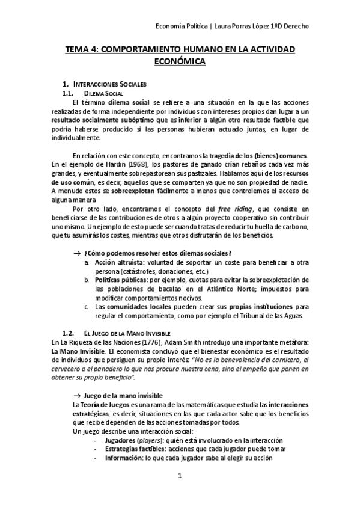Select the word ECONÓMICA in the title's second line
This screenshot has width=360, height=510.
point(180,61)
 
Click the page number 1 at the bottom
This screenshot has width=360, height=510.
point(179,476)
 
